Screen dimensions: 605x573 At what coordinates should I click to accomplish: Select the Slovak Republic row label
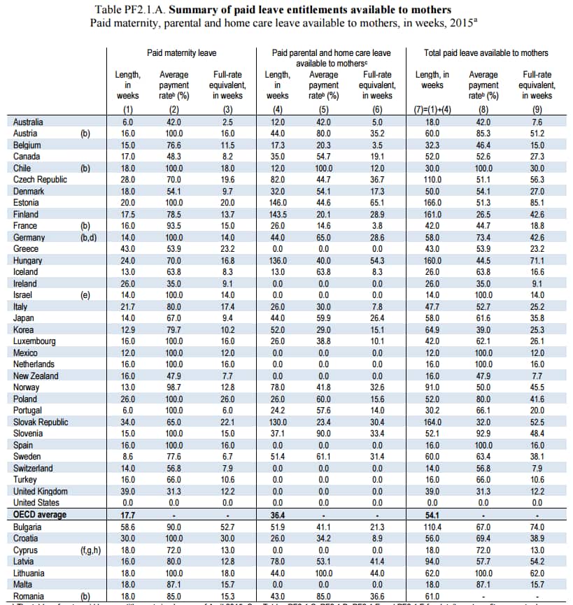(x=41, y=422)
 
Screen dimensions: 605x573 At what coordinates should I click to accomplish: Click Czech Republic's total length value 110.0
(x=432, y=179)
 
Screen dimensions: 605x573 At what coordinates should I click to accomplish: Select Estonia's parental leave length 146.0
(x=277, y=203)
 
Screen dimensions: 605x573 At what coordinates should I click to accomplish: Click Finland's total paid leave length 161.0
(x=432, y=214)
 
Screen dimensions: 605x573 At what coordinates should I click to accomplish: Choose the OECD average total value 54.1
(x=432, y=514)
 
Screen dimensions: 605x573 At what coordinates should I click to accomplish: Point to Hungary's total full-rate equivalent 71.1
(x=537, y=260)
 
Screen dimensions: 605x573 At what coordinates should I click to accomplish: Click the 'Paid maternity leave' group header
(x=181, y=52)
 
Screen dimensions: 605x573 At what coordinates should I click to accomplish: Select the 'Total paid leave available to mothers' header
(x=486, y=52)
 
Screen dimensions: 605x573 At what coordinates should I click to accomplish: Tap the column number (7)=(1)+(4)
(x=432, y=109)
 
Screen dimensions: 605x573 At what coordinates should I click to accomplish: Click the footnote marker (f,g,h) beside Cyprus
(x=91, y=549)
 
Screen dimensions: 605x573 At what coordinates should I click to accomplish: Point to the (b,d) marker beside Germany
(x=91, y=237)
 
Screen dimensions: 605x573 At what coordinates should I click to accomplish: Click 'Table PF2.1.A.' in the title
(x=129, y=10)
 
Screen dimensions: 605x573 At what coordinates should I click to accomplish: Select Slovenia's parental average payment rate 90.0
(x=323, y=433)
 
